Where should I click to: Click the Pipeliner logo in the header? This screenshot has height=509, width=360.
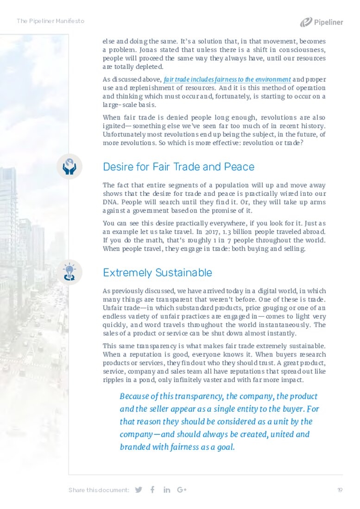[x=321, y=22]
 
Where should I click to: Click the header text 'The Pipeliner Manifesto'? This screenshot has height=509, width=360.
[x=51, y=21]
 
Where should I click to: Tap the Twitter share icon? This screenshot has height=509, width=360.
[x=138, y=490]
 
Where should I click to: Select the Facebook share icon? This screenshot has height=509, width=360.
[x=152, y=490]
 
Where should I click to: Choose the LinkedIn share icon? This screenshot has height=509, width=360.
[x=167, y=490]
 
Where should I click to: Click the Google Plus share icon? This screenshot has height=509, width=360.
[x=182, y=490]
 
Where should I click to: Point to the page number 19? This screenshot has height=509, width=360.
[x=340, y=490]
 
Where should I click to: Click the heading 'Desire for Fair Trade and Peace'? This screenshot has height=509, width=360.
[x=178, y=167]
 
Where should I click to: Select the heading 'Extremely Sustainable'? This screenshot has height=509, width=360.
[x=158, y=272]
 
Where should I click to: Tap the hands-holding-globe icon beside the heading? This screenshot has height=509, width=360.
[x=69, y=167]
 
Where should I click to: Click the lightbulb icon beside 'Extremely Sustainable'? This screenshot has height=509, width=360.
[x=69, y=272]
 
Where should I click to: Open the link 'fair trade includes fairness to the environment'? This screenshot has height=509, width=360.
[x=227, y=80]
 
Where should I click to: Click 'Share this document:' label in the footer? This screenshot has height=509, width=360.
[x=99, y=490]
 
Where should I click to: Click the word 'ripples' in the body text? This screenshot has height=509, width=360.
[x=113, y=380]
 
